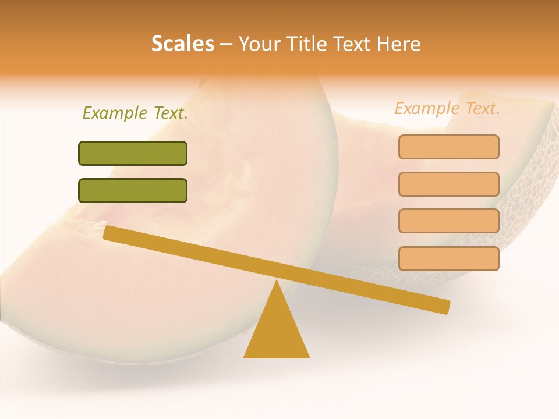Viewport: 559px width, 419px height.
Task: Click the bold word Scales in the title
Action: [x=183, y=44]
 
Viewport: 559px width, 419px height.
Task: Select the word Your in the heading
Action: [x=260, y=44]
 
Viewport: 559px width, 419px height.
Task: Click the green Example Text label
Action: [x=135, y=113]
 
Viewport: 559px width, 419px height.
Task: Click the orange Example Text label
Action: [x=447, y=108]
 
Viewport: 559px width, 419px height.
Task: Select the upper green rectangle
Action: [x=133, y=153]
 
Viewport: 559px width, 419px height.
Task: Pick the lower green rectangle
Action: [x=133, y=190]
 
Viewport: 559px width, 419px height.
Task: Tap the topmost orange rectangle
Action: [x=448, y=147]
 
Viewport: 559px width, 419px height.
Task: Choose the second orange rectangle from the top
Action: [x=448, y=184]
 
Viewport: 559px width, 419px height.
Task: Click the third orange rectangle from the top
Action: [x=448, y=221]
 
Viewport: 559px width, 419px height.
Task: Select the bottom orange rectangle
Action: [x=448, y=258]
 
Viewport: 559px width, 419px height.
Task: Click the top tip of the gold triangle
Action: [x=276, y=282]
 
